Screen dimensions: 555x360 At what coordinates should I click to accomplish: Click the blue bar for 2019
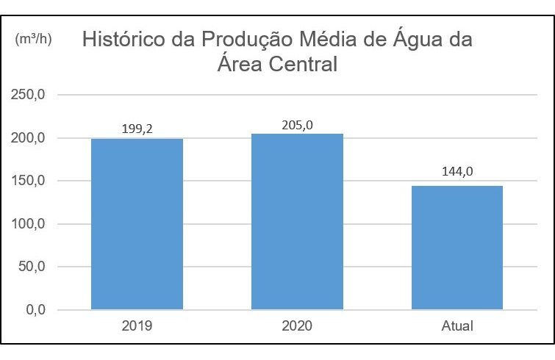(137, 224)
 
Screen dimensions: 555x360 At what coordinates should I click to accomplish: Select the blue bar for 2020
(297, 222)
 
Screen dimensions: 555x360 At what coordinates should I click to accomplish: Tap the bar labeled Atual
(457, 248)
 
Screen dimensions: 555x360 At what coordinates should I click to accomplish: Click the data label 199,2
(137, 129)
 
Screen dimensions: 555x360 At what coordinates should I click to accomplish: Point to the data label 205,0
(297, 125)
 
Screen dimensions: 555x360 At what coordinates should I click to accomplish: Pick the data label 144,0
(457, 171)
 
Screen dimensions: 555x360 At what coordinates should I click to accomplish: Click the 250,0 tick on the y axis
(28, 95)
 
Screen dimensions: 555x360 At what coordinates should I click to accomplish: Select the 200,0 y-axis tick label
(28, 138)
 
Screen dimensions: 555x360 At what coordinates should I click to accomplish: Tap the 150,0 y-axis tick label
(28, 181)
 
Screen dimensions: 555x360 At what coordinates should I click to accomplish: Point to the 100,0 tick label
(28, 224)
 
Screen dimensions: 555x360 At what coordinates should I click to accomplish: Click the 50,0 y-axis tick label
(32, 267)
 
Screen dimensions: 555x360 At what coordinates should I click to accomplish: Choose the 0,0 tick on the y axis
(36, 310)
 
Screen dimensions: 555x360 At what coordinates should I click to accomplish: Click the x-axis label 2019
(137, 325)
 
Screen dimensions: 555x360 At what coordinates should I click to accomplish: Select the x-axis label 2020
(297, 325)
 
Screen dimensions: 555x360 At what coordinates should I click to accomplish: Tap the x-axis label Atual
(457, 325)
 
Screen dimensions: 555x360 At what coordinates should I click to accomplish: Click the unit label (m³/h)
(33, 39)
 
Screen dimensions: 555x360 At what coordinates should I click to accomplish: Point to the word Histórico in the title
(123, 39)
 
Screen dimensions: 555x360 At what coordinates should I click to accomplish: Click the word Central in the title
(303, 65)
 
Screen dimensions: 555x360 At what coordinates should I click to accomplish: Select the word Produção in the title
(247, 39)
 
